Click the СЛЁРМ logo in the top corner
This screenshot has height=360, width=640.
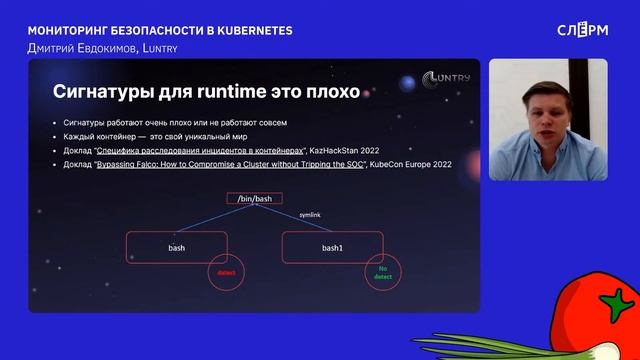tap(581, 29)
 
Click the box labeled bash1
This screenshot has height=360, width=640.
tap(332, 247)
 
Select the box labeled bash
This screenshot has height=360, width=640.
tap(175, 247)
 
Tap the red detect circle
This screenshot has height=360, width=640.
tap(225, 272)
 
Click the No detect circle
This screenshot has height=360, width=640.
tap(382, 272)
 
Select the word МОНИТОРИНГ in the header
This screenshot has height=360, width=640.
tap(68, 30)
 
